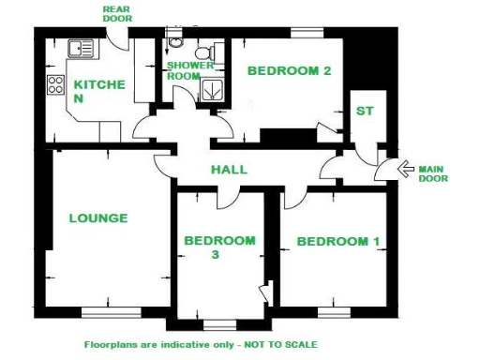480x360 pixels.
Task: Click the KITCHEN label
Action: [x=98, y=91]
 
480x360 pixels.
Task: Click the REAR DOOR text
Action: [x=117, y=13]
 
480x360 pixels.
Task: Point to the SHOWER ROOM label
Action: [x=190, y=70]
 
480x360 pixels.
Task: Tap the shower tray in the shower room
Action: [x=214, y=88]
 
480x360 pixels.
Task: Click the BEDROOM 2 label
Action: [x=290, y=70]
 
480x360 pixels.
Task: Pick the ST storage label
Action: [x=365, y=112]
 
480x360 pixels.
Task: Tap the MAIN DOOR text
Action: [x=432, y=173]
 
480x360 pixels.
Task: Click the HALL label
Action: [x=229, y=170]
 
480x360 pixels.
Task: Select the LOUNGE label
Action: [x=98, y=218]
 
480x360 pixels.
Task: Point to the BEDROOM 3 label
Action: [x=219, y=247]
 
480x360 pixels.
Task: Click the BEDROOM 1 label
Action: [x=338, y=242]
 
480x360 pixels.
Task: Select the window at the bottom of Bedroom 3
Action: [x=219, y=325]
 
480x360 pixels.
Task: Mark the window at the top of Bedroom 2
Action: [x=306, y=33]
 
